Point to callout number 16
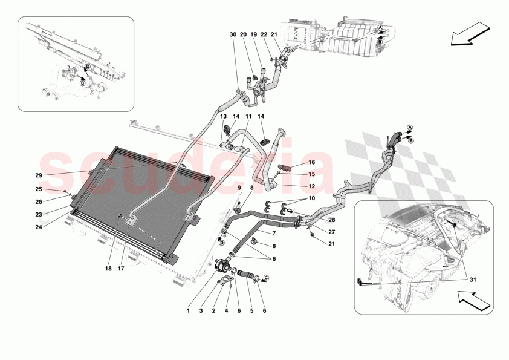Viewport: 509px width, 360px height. click(x=312, y=163)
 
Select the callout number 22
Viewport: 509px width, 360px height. click(x=264, y=34)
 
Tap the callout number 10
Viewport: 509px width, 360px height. click(x=312, y=198)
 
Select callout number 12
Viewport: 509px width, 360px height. click(x=312, y=186)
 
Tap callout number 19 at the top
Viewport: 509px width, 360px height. click(x=254, y=34)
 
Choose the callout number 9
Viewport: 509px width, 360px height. click(x=238, y=188)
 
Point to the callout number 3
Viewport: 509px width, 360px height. click(x=201, y=311)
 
